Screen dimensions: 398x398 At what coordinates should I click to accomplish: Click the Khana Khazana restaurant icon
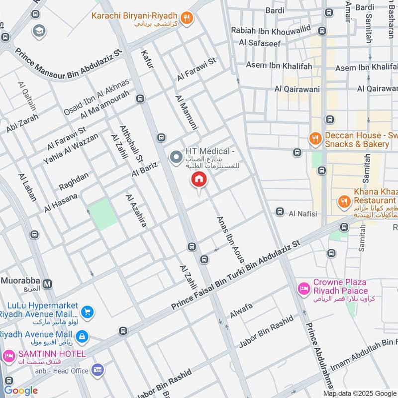pos(343,201)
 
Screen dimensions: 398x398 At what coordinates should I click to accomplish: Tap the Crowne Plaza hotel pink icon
pos(302,288)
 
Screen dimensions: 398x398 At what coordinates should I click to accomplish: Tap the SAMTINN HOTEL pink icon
pos(8,356)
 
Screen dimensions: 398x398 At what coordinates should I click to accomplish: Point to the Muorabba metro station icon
pos(47,284)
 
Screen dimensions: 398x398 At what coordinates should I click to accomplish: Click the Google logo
pos(21,391)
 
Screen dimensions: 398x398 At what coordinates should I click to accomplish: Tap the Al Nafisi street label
pos(302,213)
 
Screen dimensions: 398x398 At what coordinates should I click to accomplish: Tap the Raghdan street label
pos(74,181)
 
